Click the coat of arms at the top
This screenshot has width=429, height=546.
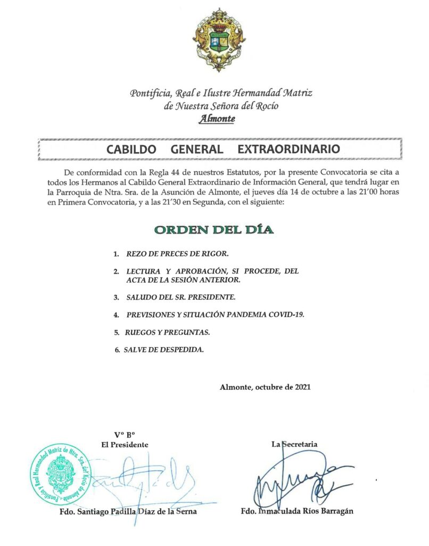pos(215,40)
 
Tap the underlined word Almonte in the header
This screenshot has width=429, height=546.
pos(217,119)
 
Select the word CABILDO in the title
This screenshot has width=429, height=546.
pos(131,149)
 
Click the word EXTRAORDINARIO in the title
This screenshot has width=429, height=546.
pos(288,149)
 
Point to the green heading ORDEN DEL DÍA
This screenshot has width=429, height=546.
pos(214,230)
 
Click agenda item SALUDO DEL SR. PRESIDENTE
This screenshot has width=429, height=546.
pos(180,296)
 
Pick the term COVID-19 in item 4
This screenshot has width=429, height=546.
pos(287,315)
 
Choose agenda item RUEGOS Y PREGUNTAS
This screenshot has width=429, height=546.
pos(168,333)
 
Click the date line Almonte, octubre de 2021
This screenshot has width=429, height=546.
pos(265,387)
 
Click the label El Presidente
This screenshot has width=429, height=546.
pos(125,444)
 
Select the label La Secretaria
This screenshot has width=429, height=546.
pos(295,444)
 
